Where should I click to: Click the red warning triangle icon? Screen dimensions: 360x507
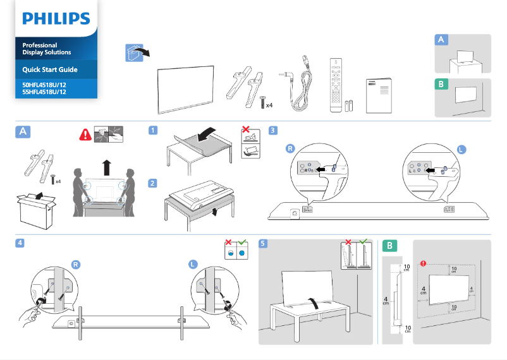[84, 134]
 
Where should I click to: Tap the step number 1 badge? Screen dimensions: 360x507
[153, 131]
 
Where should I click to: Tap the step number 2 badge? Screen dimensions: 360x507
[153, 184]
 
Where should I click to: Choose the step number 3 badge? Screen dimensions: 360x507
[272, 131]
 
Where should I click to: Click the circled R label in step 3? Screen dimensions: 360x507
[290, 149]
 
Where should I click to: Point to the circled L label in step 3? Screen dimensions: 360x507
[461, 149]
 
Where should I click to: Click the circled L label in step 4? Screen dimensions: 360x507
[193, 264]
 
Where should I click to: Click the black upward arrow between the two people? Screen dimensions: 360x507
[106, 168]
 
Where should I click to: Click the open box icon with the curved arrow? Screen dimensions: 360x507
[137, 52]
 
